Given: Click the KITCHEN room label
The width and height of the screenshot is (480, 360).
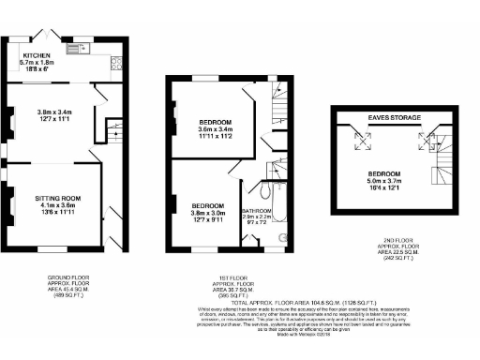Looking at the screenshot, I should [37, 55].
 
